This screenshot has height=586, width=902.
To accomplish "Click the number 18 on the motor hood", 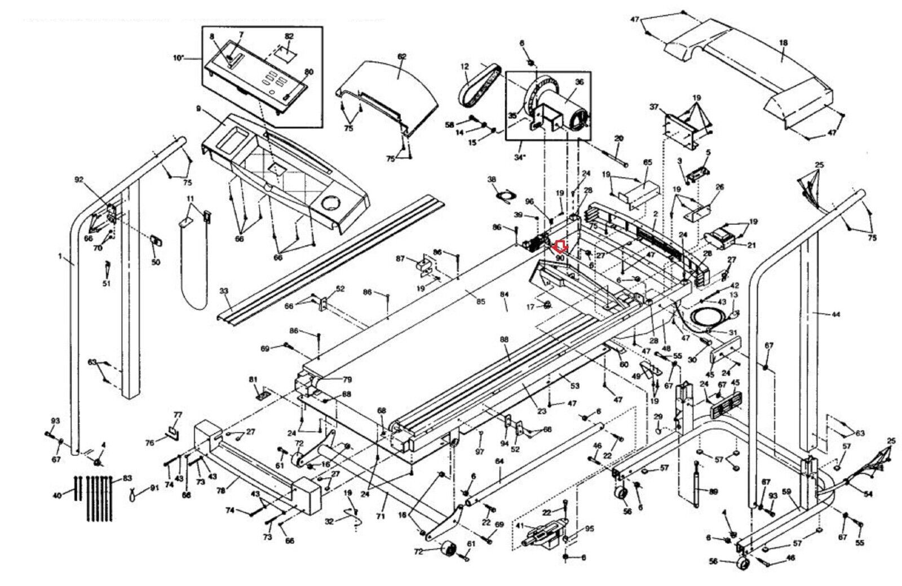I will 783,43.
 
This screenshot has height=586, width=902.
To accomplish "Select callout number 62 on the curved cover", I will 402,57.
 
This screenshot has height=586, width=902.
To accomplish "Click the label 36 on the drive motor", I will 580,82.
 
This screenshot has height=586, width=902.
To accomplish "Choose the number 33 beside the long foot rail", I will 224,291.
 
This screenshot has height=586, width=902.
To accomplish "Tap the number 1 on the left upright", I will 60,256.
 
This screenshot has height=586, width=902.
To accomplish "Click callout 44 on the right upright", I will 836,314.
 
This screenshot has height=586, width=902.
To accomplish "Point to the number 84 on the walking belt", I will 504,295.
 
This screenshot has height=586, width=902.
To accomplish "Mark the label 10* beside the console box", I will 179,58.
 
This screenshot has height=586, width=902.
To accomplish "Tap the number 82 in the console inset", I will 289,35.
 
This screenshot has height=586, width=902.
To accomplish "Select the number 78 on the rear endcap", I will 222,490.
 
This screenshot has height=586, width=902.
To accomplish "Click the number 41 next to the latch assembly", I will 520,525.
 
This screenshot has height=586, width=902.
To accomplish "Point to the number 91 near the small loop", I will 155,488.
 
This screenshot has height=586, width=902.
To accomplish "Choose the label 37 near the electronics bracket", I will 654,106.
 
